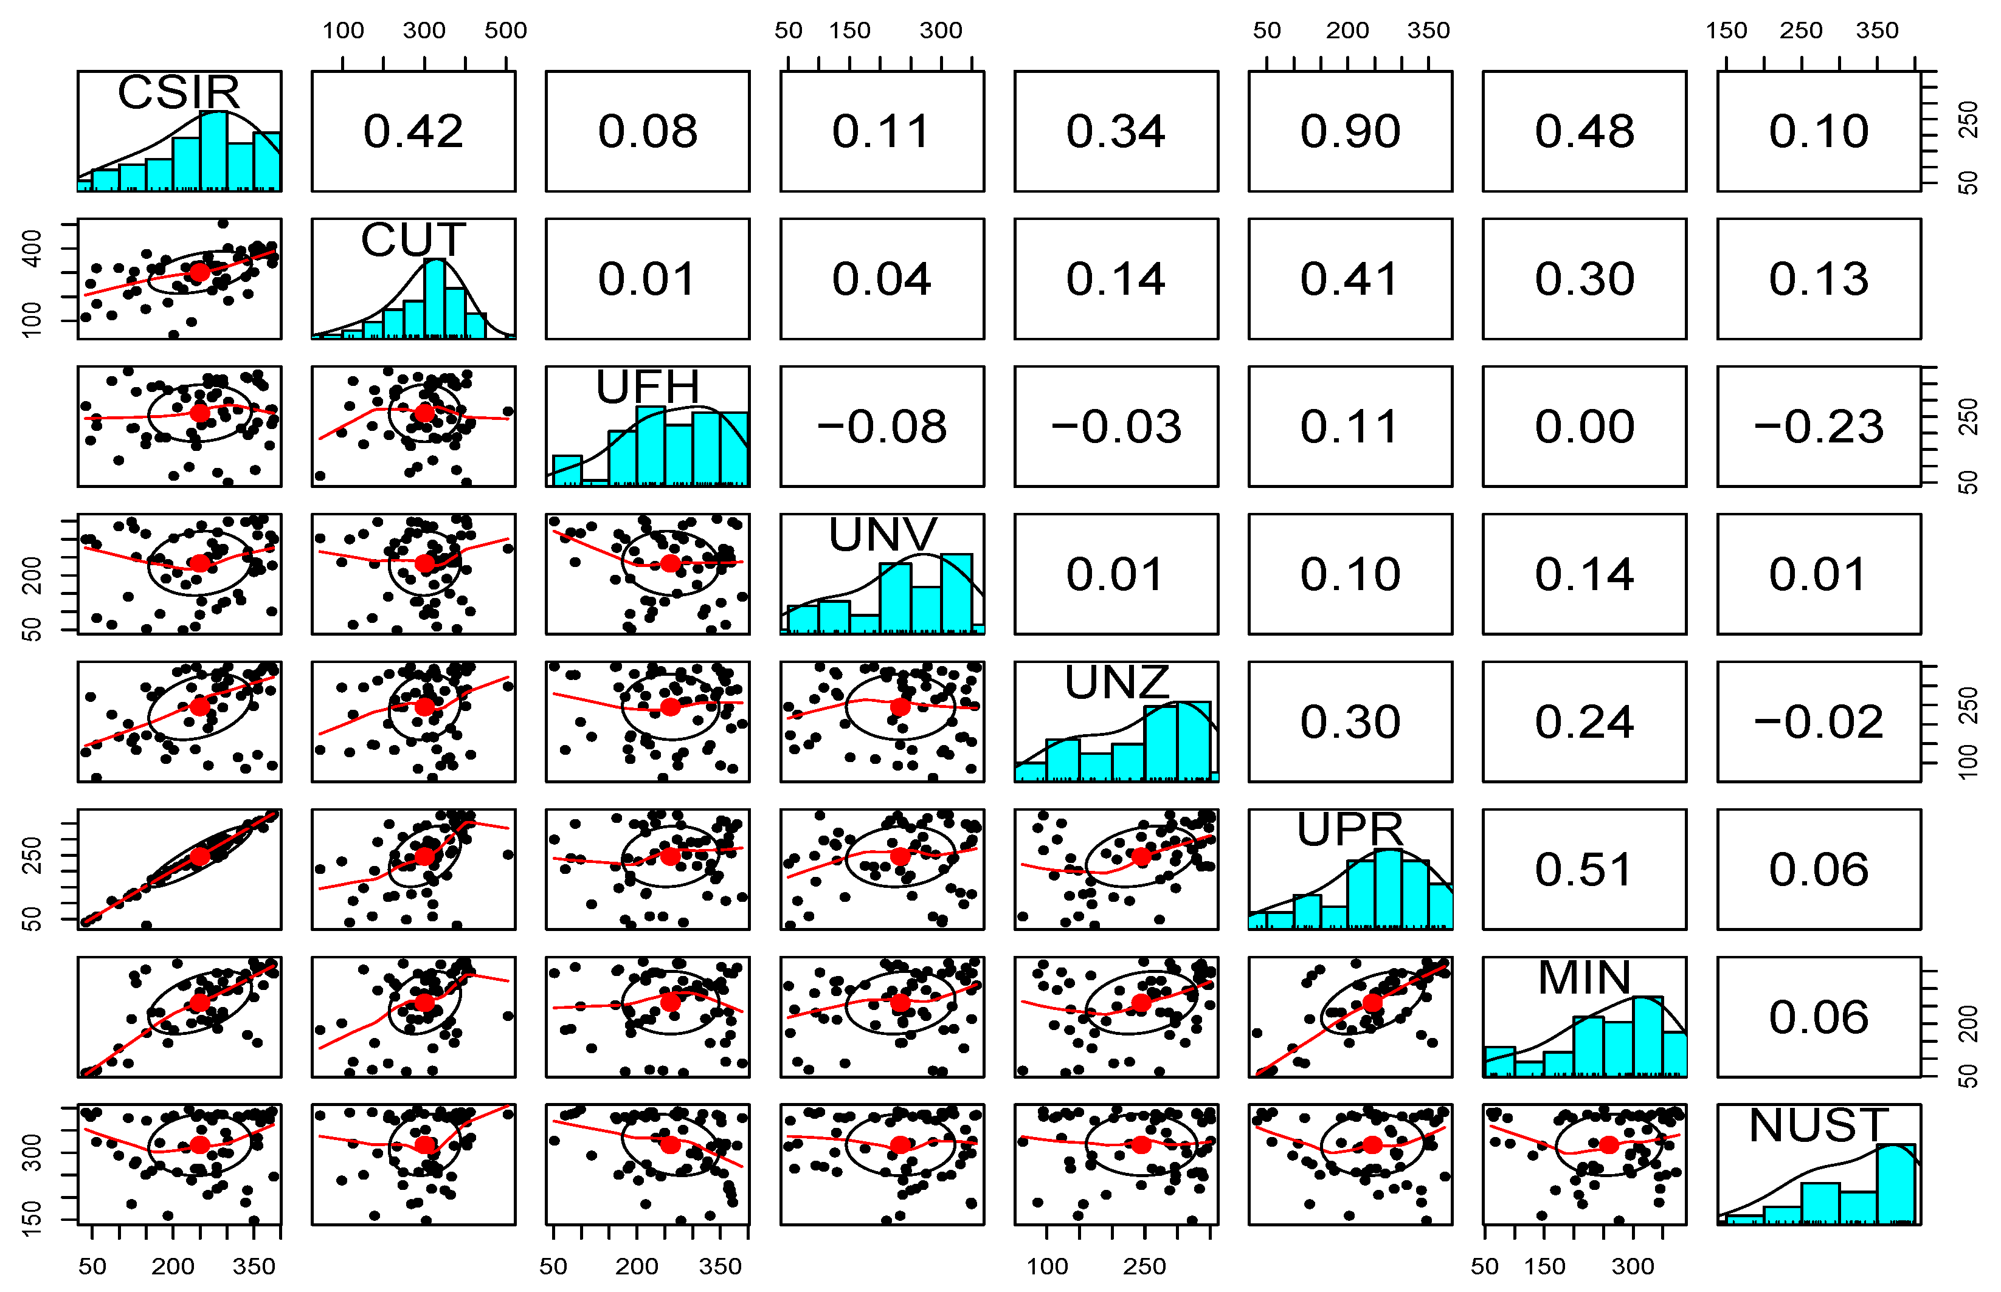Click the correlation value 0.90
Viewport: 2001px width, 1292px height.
tap(1350, 132)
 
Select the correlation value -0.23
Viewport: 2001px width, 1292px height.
tap(1818, 427)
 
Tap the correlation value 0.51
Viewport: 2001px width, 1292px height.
tap(1584, 870)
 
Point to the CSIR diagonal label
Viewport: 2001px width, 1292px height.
tap(179, 92)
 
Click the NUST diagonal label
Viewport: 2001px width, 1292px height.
tap(1818, 1126)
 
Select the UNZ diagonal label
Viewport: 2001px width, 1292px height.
tap(1116, 683)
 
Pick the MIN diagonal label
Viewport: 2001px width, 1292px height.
tap(1584, 978)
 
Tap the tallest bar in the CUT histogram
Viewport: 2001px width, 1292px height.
tap(434, 298)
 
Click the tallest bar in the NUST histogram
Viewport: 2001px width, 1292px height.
tap(1895, 1183)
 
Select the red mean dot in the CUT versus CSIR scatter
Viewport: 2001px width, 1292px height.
tap(200, 272)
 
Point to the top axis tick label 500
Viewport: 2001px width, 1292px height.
tap(505, 31)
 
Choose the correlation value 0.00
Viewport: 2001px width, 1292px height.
tap(1584, 427)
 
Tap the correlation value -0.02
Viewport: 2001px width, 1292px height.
tap(1818, 723)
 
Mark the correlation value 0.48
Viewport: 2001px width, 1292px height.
tap(1584, 132)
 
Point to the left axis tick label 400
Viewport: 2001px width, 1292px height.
tap(31, 249)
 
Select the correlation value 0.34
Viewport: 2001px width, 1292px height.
tap(1116, 132)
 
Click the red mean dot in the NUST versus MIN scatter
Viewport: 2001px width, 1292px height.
tap(1608, 1145)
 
